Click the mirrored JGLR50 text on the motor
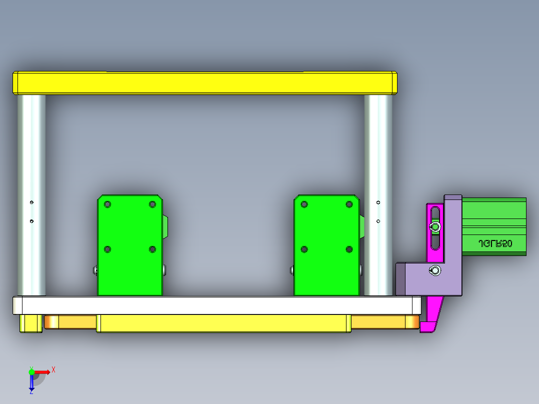click(495, 243)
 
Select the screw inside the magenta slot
click(435, 227)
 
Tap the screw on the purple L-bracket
click(435, 271)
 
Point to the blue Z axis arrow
click(31, 383)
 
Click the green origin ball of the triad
click(31, 372)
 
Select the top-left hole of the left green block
click(107, 204)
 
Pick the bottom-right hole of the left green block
click(152, 249)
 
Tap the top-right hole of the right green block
click(349, 204)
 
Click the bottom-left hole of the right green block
click(304, 249)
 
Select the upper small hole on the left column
click(31, 202)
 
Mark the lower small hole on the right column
click(378, 221)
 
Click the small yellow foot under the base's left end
click(30, 323)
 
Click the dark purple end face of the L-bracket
click(400, 278)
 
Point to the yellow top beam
click(205, 83)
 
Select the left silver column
click(31, 195)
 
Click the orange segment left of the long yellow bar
click(70, 321)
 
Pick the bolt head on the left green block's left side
click(95, 270)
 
